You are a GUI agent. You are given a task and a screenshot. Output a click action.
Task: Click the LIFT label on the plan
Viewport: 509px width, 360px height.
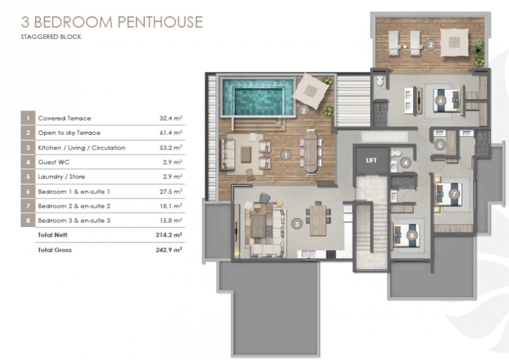[371, 160]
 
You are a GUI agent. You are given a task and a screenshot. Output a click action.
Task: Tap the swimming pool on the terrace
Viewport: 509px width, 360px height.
[258, 97]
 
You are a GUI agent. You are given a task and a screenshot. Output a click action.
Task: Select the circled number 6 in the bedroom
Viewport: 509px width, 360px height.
[440, 100]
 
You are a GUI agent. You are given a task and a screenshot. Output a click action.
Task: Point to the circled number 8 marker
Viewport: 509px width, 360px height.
[412, 235]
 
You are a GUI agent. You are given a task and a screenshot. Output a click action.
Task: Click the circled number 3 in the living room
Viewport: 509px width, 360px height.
[296, 223]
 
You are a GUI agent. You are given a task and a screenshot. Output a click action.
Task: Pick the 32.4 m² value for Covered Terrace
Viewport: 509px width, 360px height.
[171, 118]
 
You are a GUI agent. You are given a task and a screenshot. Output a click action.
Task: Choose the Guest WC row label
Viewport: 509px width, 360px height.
[53, 162]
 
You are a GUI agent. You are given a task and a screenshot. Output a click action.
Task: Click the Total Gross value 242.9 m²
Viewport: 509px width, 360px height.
[169, 249]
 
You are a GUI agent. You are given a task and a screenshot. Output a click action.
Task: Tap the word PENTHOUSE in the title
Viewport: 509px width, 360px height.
[160, 22]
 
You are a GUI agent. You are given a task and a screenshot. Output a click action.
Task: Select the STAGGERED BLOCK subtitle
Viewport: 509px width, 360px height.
[51, 37]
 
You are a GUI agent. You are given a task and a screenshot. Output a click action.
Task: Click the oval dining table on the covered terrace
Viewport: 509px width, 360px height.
[311, 151]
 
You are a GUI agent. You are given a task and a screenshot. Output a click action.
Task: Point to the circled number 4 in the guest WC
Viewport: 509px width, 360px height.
[405, 163]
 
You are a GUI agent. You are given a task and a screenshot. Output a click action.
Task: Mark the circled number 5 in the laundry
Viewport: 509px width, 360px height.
[440, 145]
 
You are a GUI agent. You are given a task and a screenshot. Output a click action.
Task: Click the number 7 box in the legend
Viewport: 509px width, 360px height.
[28, 206]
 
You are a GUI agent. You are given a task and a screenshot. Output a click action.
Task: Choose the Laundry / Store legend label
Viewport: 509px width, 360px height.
[61, 177]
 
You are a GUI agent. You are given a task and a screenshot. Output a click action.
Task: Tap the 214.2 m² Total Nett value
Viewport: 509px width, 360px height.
[169, 235]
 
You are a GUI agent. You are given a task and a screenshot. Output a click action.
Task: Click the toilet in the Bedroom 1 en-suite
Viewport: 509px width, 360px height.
[380, 81]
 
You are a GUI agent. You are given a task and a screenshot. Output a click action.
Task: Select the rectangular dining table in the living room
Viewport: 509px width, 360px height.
[317, 220]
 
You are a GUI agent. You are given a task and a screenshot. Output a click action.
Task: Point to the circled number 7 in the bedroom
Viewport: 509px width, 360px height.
[454, 194]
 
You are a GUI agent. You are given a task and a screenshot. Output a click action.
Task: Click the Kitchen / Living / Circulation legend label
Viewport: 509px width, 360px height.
[81, 148]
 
